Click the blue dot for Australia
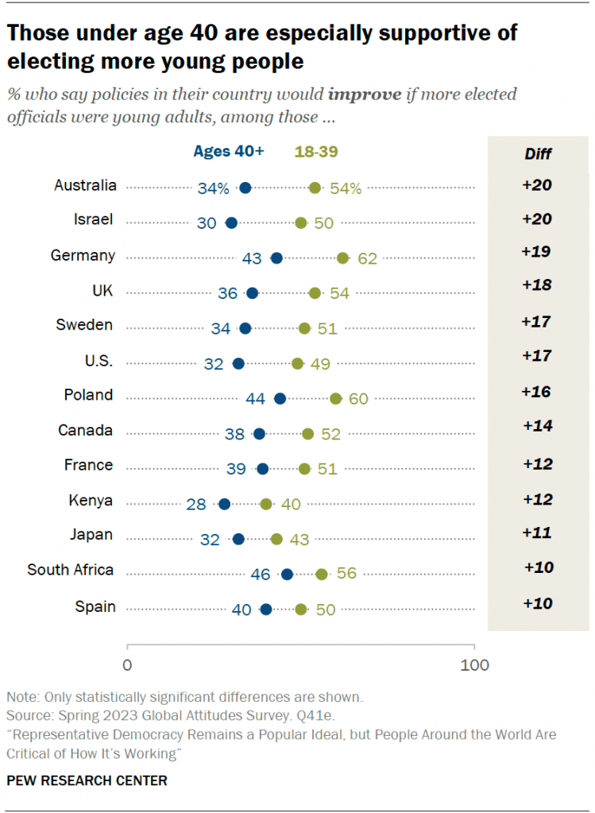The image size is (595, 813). point(245,188)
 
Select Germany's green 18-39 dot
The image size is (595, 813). point(343,257)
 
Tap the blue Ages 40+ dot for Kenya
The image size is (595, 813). point(225,504)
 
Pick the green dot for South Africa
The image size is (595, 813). point(322,574)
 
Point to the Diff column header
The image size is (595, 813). point(538,154)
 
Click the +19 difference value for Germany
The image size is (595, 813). point(537,252)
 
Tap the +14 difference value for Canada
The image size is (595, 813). point(537,426)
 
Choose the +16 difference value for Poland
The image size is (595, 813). point(537,392)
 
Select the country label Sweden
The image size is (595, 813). point(84,324)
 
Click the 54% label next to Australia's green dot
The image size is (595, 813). point(346,188)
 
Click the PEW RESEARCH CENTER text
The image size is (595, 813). point(87,780)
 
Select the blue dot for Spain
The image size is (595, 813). point(266,610)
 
